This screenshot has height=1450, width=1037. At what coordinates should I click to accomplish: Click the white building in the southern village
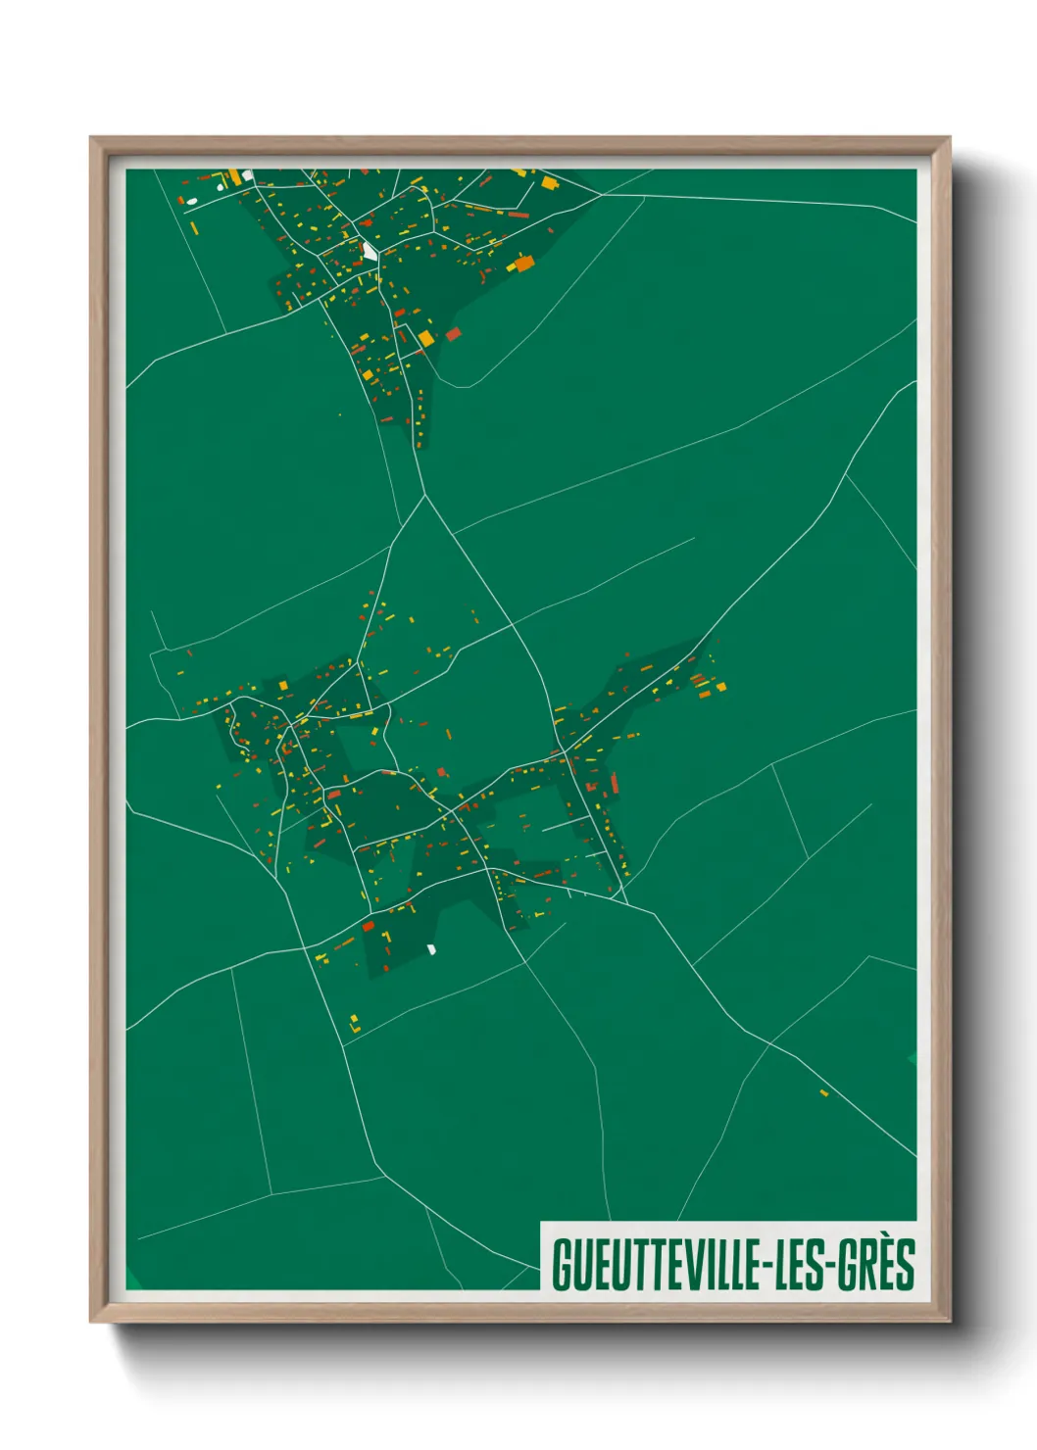point(431,948)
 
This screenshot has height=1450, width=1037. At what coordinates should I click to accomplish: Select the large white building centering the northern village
point(369,251)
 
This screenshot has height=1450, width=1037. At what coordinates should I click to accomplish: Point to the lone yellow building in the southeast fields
point(823,1092)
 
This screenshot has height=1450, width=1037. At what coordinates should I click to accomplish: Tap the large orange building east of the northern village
point(524,263)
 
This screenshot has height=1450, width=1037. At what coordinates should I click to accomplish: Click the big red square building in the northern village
point(453,334)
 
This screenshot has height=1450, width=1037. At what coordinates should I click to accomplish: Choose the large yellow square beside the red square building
point(426,339)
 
